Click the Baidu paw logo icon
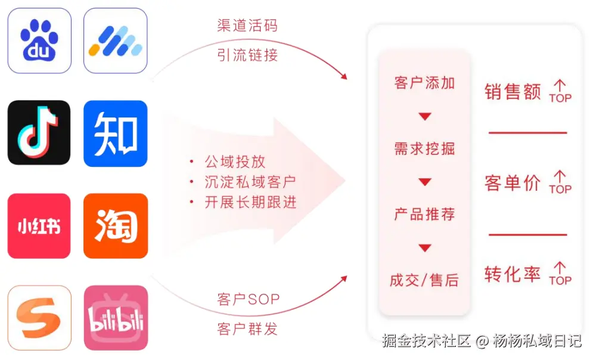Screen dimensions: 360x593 pyautogui.click(x=39, y=41)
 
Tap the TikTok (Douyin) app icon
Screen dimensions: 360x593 pyautogui.click(x=39, y=132)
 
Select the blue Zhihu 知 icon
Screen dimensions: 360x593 pyautogui.click(x=116, y=132)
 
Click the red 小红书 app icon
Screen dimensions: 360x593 pyautogui.click(x=39, y=226)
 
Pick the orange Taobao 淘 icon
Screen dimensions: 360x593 pyautogui.click(x=116, y=226)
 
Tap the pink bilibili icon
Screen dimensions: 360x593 pyautogui.click(x=116, y=318)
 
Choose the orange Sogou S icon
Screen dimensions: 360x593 pyautogui.click(x=39, y=318)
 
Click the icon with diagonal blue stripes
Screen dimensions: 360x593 pyautogui.click(x=116, y=41)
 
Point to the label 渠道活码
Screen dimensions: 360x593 pyautogui.click(x=247, y=26)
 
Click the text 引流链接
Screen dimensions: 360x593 pyautogui.click(x=247, y=56)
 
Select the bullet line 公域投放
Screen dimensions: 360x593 pyautogui.click(x=235, y=162)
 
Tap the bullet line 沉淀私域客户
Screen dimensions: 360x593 pyautogui.click(x=250, y=182)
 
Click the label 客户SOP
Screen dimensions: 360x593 pyautogui.click(x=248, y=299)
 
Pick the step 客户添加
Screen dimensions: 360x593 pyautogui.click(x=424, y=83)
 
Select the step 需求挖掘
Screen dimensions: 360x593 pyautogui.click(x=424, y=148)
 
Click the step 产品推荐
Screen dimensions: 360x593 pyautogui.click(x=424, y=214)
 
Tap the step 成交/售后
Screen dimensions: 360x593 pyautogui.click(x=424, y=280)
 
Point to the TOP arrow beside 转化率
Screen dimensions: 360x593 pyautogui.click(x=560, y=274)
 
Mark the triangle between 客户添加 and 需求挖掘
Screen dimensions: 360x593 pyautogui.click(x=424, y=117)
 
